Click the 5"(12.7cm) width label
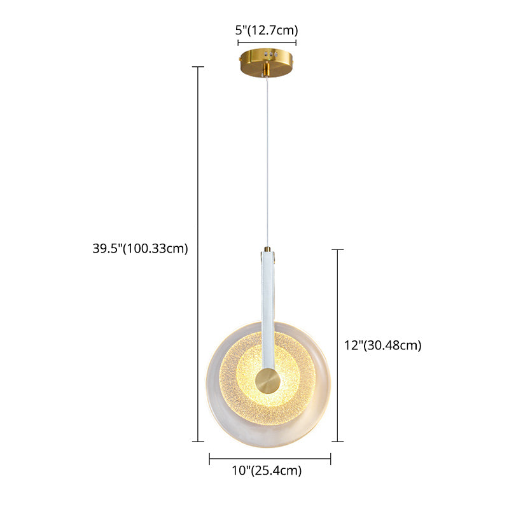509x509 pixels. (x=267, y=29)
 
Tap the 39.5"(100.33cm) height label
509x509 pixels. (x=141, y=249)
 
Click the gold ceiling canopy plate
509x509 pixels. (x=267, y=59)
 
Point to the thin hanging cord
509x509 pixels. (x=268, y=159)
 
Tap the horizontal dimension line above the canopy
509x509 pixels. (x=267, y=43)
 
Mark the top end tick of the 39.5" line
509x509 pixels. (x=199, y=67)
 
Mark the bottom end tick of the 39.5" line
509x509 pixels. (x=199, y=442)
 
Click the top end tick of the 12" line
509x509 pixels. (x=337, y=250)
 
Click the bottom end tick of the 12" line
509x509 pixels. (x=337, y=442)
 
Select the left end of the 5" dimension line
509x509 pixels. (x=239, y=43)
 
